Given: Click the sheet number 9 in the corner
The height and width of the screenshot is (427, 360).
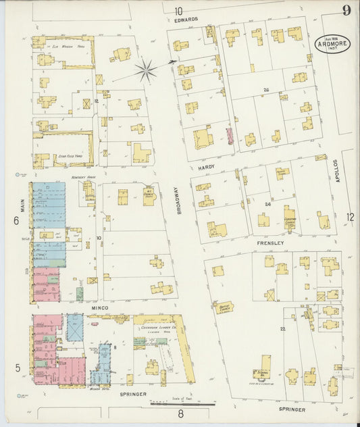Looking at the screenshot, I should click(x=346, y=9).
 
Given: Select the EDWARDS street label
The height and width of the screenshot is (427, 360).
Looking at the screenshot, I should click(x=184, y=20).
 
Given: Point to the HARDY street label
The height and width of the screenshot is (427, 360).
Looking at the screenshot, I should click(x=206, y=166).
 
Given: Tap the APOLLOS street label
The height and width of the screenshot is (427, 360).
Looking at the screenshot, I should click(x=335, y=172).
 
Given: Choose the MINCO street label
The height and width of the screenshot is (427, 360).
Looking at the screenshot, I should click(x=99, y=308).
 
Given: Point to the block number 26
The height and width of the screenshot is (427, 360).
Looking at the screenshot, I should click(x=266, y=90).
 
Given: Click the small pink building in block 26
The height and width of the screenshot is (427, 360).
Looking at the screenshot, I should click(x=229, y=136).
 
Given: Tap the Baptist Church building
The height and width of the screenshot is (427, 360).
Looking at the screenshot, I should click(x=224, y=307).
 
